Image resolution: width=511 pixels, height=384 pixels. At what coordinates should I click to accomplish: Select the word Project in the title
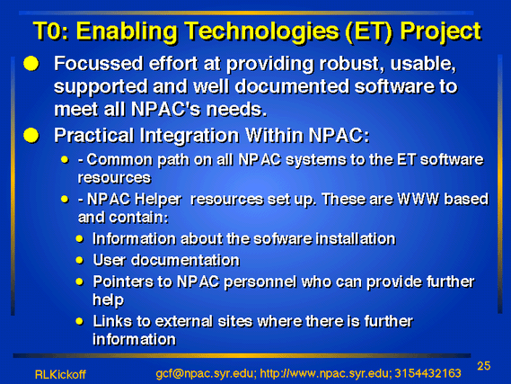[x=441, y=32]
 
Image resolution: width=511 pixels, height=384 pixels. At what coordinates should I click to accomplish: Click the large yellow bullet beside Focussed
[x=31, y=63]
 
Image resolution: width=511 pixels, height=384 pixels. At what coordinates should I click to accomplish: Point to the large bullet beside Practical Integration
[x=31, y=135]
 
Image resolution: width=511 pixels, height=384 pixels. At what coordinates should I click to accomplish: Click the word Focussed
[x=99, y=63]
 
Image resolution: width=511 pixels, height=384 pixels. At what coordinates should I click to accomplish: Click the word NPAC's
[x=166, y=110]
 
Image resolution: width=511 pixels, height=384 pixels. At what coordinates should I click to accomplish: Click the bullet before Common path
[x=65, y=159]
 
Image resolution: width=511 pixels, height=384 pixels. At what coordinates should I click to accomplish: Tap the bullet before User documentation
[x=80, y=260]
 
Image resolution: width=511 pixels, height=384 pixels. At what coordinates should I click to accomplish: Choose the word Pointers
[x=122, y=281]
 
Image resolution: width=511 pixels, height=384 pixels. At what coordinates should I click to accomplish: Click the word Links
[x=111, y=321]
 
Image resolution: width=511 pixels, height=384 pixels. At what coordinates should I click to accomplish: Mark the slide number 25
[x=484, y=366]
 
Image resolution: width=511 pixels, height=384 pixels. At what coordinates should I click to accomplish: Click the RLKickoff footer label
[x=60, y=374]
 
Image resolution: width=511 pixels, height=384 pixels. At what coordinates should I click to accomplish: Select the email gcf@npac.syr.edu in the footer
[x=205, y=373]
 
